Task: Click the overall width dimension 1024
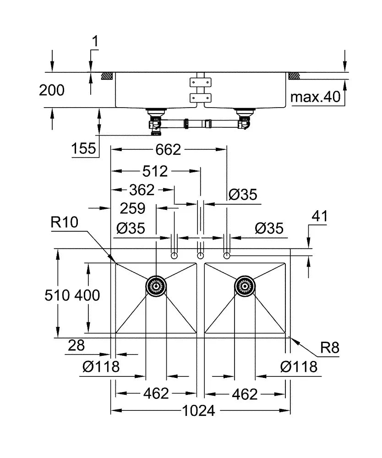pos(199,411)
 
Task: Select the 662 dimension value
pos(168,150)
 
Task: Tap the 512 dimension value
pos(155,171)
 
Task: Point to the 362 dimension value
pos(142,190)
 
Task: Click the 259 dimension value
pos(132,208)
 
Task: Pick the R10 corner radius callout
pos(64,222)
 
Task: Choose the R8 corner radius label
pos(330,348)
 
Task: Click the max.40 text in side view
pos(316,97)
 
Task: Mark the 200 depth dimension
pos(52,90)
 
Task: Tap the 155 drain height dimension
pos(83,148)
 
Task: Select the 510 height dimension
pos(57,295)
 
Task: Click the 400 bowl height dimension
pos(87,295)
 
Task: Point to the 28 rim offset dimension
pos(76,345)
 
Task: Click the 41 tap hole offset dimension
pos(320,216)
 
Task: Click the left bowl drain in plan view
pos(156,286)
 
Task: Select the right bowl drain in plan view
pos(245,286)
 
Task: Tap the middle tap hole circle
pos(200,256)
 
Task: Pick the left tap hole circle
pos(174,256)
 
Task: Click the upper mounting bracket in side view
pos(200,82)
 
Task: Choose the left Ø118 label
pos(101,366)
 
